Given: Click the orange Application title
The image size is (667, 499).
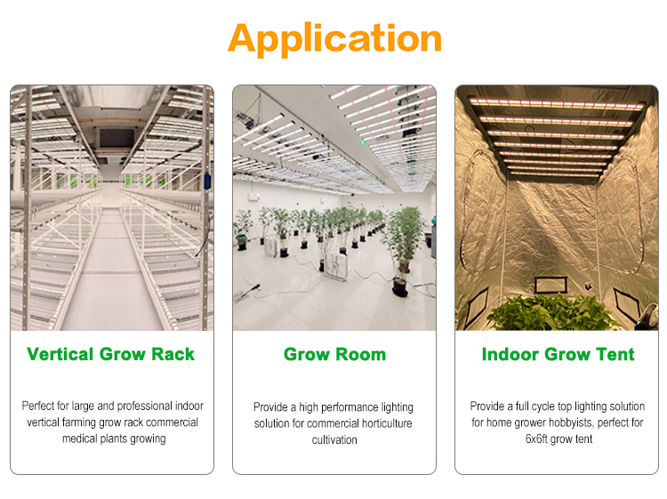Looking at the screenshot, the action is click(334, 39).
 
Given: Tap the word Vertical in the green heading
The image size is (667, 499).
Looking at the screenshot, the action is click(60, 354).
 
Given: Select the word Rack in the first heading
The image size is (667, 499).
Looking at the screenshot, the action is click(173, 354).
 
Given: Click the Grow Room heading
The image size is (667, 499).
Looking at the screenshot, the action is click(334, 354).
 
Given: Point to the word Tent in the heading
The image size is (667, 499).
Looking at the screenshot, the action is click(615, 354).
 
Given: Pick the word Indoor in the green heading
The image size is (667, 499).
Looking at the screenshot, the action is click(510, 354).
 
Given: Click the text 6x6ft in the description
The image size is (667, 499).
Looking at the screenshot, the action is click(536, 439).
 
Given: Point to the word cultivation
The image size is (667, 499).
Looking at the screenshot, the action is click(334, 439).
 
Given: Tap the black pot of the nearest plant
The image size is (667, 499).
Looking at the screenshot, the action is click(400, 287).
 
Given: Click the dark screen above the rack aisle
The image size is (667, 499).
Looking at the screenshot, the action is click(117, 138).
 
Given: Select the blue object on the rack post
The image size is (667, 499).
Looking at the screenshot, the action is click(207, 181).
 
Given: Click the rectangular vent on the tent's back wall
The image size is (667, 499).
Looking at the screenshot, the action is click(550, 285).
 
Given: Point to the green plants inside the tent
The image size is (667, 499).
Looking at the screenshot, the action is click(553, 313).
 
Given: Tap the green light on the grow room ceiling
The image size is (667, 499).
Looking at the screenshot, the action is click(362, 142).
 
